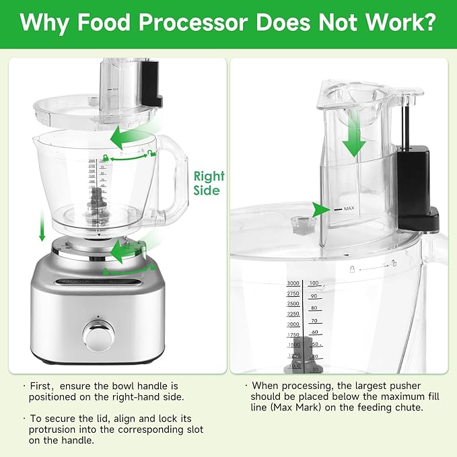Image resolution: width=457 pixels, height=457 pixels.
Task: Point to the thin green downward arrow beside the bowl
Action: coord(42,225)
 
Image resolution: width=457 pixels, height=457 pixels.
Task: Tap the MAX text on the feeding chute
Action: coord(349,209)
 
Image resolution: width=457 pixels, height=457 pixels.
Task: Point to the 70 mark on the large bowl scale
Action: coord(314,321)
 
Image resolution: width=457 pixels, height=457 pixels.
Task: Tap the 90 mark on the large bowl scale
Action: coord(314,295)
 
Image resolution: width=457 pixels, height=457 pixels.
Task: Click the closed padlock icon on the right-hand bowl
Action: coord(352,267)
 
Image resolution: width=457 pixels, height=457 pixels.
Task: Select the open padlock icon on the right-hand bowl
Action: coord(392,262)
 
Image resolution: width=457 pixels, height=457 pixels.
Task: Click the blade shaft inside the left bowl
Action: coord(98,202)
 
